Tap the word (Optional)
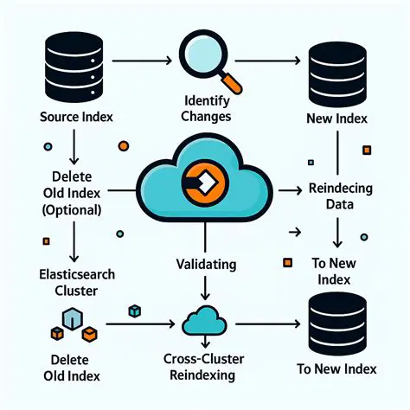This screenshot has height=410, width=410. pos(70,209)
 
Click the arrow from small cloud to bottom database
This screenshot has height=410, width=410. pos(268,324)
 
